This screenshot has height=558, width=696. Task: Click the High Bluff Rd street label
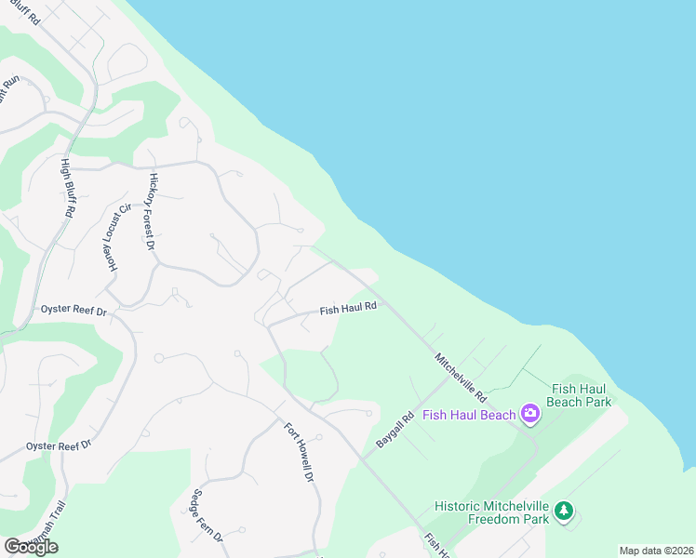(x=67, y=188)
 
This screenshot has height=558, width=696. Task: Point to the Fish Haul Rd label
(x=348, y=308)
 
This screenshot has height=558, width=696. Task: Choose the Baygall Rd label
(x=394, y=432)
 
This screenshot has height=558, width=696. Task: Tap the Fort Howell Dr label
(x=298, y=452)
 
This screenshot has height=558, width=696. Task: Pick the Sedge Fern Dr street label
(x=207, y=517)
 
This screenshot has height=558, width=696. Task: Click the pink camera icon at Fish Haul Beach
(x=530, y=413)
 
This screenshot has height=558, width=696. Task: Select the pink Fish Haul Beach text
(x=469, y=415)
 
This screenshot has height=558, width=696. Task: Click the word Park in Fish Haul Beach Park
(x=594, y=402)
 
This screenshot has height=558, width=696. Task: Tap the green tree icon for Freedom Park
(x=563, y=511)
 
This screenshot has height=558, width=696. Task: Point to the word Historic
(x=460, y=507)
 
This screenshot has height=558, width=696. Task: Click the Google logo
(x=32, y=547)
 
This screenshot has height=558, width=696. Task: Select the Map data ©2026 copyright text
(x=656, y=551)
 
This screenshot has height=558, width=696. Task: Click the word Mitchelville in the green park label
(x=516, y=507)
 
